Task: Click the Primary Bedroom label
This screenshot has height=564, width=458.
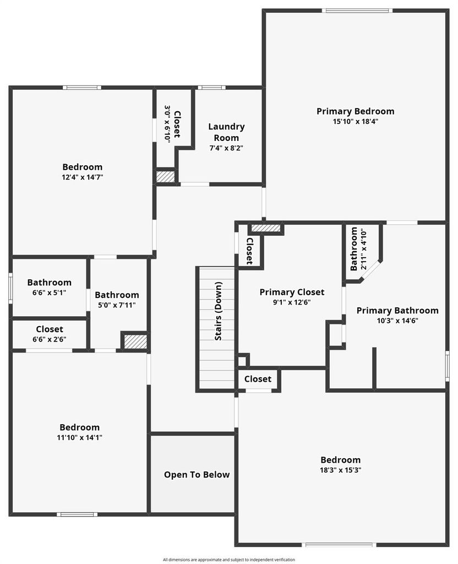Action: pyautogui.click(x=355, y=111)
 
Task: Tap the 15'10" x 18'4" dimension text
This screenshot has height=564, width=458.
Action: pyautogui.click(x=355, y=122)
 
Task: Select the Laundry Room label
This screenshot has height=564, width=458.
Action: pyautogui.click(x=226, y=132)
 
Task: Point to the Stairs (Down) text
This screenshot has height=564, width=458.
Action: pyautogui.click(x=218, y=311)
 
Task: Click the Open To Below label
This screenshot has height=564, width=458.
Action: pyautogui.click(x=197, y=475)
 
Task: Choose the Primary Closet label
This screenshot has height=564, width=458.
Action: pyautogui.click(x=292, y=292)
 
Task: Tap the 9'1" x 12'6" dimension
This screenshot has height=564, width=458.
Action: pyautogui.click(x=292, y=302)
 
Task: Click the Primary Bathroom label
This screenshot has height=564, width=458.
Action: pyautogui.click(x=397, y=311)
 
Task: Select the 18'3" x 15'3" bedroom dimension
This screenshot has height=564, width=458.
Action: pyautogui.click(x=340, y=470)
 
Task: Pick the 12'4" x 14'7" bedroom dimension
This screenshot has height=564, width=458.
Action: pyautogui.click(x=83, y=177)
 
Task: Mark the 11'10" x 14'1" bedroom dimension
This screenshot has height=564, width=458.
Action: pyautogui.click(x=79, y=437)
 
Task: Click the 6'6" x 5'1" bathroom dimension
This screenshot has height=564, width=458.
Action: pyautogui.click(x=49, y=292)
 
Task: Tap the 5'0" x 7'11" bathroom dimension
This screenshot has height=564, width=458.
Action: pyautogui.click(x=117, y=305)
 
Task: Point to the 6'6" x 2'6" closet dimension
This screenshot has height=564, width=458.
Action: pyautogui.click(x=49, y=339)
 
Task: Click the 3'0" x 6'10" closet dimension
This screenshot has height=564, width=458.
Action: pyautogui.click(x=167, y=124)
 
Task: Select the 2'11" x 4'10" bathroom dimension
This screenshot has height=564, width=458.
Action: pyautogui.click(x=364, y=249)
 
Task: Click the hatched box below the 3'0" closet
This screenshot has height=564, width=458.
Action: pyautogui.click(x=165, y=176)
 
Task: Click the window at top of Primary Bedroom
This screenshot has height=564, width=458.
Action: pyautogui.click(x=357, y=11)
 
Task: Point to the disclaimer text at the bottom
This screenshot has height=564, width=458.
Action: pyautogui.click(x=228, y=560)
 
